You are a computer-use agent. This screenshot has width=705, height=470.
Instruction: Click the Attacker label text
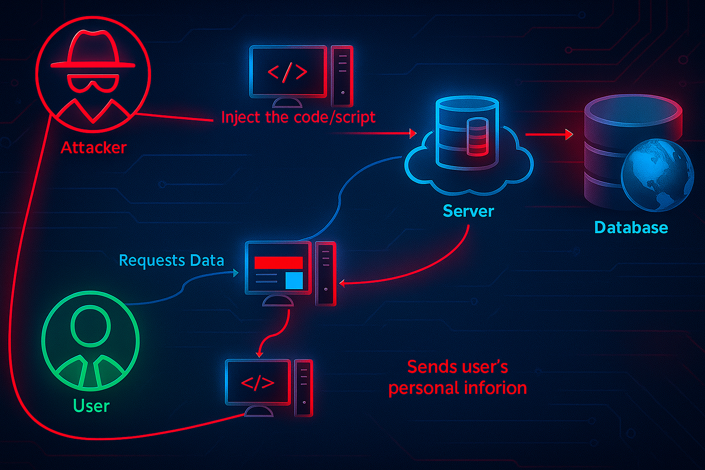[94, 147]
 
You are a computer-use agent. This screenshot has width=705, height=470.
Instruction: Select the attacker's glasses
[93, 84]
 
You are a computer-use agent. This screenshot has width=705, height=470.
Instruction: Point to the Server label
[468, 211]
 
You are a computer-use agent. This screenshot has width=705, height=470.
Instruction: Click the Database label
[631, 227]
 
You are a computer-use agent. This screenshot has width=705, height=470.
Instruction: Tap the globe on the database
[657, 175]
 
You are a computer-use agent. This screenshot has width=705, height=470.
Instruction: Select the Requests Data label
[171, 260]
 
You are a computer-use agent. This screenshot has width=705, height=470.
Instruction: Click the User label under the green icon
[91, 406]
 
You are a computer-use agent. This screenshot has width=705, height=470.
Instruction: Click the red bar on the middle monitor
[279, 263]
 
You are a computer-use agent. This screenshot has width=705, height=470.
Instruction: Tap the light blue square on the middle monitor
[294, 280]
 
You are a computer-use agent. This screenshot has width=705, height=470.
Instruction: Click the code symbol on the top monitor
[287, 72]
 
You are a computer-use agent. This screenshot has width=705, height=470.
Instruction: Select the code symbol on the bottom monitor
[257, 382]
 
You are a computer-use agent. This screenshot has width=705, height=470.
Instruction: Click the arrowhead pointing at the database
[569, 134]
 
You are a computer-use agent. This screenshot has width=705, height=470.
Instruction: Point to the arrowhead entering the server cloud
[413, 134]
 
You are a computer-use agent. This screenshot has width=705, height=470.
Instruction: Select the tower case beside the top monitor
[342, 76]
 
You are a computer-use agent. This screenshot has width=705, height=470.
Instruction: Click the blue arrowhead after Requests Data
[236, 273]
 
